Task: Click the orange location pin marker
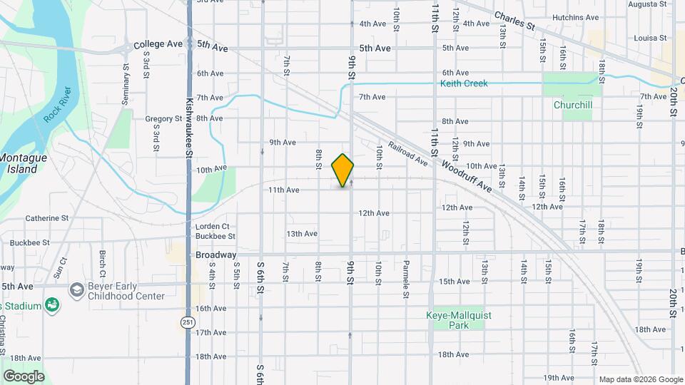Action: pos(343,170)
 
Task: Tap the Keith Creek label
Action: pos(464,84)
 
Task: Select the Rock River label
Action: pos(58,104)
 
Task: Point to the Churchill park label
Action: pos(573,105)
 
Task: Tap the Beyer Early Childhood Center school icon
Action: pos(76,290)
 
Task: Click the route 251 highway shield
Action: pos(187,322)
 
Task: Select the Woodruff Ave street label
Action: pos(467,175)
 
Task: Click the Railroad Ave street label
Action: pos(407,153)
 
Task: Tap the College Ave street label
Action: pos(158,44)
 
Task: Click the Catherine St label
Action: pos(47,218)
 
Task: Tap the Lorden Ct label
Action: pos(211,227)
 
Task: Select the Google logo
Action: pos(24,376)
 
